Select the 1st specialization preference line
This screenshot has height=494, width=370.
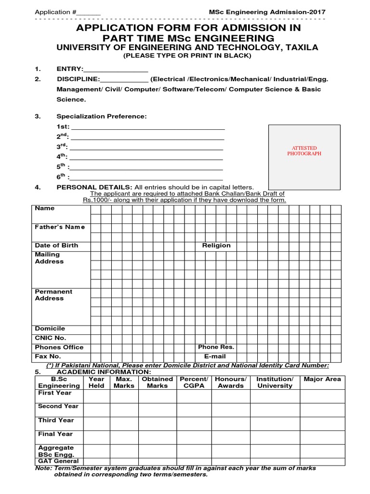(x=147, y=128)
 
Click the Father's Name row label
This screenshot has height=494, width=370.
(x=59, y=227)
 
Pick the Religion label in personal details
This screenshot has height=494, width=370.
(x=216, y=246)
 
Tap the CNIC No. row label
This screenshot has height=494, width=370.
(x=51, y=338)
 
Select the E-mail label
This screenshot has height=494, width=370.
(x=215, y=357)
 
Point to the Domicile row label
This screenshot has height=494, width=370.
(x=50, y=329)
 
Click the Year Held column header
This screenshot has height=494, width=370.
(x=96, y=383)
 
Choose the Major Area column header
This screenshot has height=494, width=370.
(x=322, y=379)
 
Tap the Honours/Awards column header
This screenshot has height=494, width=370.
(x=231, y=383)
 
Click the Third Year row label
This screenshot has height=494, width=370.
(x=56, y=420)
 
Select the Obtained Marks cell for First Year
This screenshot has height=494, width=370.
(x=158, y=396)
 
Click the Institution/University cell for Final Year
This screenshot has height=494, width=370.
(x=275, y=438)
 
